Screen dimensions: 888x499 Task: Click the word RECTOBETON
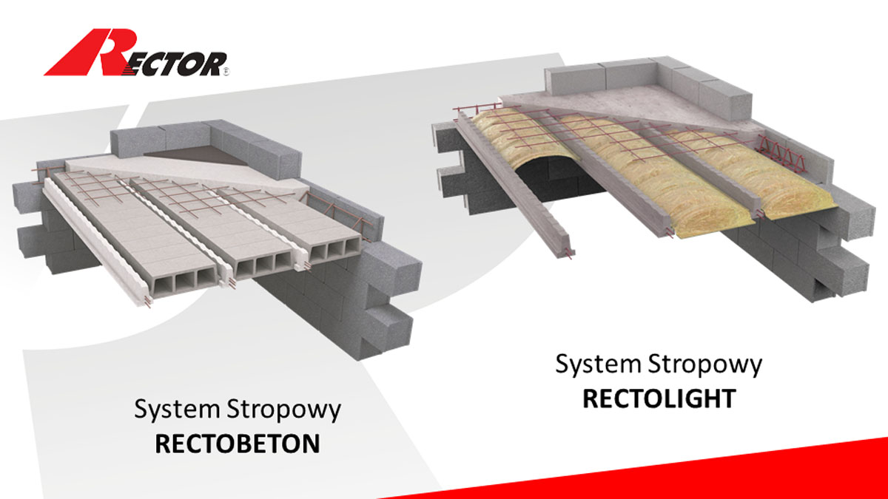[x=237, y=444]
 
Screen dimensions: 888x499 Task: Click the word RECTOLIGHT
[x=659, y=398]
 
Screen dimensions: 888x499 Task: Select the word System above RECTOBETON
[x=177, y=410]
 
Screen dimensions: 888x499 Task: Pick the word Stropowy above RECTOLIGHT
[x=704, y=364]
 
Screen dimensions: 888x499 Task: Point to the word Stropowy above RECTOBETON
[x=283, y=410]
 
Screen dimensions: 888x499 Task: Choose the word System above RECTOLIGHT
[x=598, y=364]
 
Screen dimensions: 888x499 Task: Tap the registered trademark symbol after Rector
[x=226, y=72]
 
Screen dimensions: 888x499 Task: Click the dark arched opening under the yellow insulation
[x=555, y=178]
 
